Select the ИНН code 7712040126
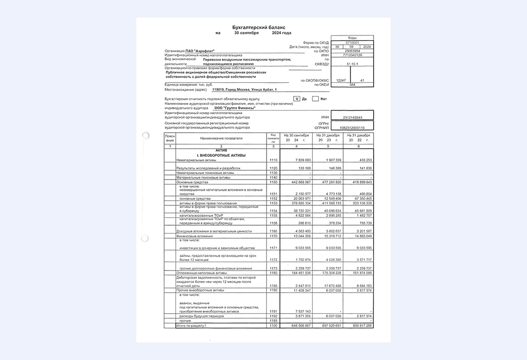tap(353, 55)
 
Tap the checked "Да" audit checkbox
tap(296, 98)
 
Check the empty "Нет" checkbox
tap(315, 98)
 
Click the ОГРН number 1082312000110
tap(352, 128)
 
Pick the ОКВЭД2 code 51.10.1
tap(353, 64)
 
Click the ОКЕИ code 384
tap(353, 84)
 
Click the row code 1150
tap(273, 182)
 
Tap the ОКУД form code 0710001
tap(353, 42)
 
